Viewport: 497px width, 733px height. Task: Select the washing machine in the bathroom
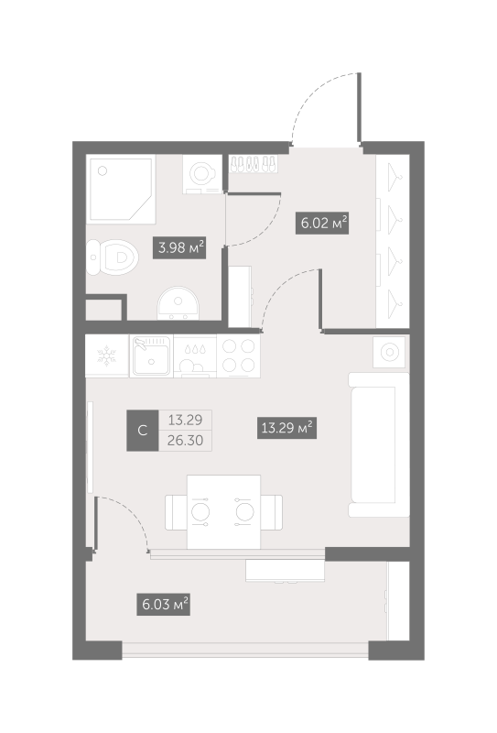201,172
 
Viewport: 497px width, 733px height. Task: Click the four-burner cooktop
240,356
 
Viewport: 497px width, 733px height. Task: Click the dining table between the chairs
223,511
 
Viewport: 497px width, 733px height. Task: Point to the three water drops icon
194,349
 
